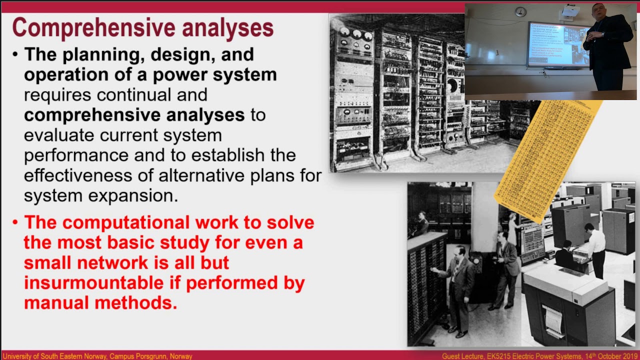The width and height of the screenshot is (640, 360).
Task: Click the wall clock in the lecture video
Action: pyautogui.click(x=520, y=11)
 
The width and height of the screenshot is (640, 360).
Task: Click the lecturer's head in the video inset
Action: pyautogui.click(x=598, y=11)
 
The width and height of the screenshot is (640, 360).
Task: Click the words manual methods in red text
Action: pyautogui.click(x=100, y=303)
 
